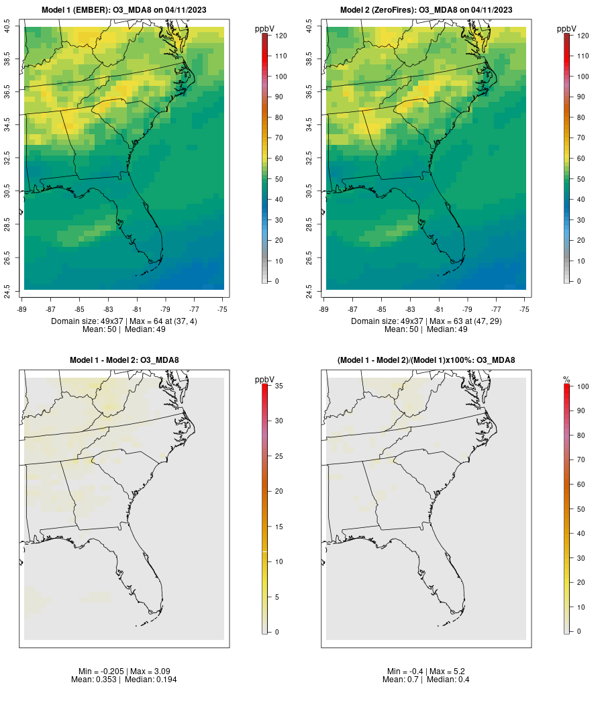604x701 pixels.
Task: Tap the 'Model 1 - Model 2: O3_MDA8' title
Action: pos(124,360)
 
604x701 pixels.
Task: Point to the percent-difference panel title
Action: pos(426,360)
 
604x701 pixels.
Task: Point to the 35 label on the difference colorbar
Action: pos(277,386)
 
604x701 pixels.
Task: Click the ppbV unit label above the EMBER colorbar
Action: pos(265,29)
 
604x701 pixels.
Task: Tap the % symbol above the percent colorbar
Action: pos(566,380)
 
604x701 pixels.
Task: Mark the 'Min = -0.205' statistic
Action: pos(100,671)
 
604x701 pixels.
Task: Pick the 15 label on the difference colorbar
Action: pos(277,527)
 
